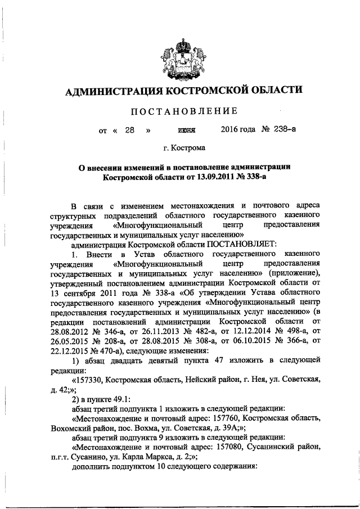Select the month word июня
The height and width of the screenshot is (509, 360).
click(186, 130)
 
